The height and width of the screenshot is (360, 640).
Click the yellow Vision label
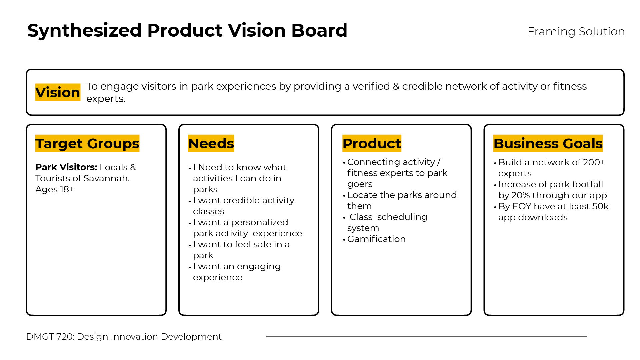[58, 92]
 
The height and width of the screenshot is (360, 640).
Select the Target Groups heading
[87, 143]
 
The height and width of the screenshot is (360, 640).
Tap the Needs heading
[211, 143]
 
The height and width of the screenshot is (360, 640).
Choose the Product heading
[372, 143]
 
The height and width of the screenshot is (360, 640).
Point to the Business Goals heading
[548, 143]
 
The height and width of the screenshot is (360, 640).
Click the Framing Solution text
[576, 32]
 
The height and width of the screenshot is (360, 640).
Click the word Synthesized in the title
[85, 31]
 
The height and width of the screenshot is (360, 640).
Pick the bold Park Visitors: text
[66, 167]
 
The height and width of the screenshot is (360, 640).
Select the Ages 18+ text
[55, 189]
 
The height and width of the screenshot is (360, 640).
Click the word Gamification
[376, 239]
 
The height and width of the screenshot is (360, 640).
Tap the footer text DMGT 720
[50, 337]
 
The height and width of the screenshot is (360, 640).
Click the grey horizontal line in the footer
[426, 337]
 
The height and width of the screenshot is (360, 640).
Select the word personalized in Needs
[259, 222]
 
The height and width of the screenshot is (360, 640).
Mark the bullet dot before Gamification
[344, 240]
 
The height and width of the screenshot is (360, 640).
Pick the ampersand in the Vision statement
[396, 86]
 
